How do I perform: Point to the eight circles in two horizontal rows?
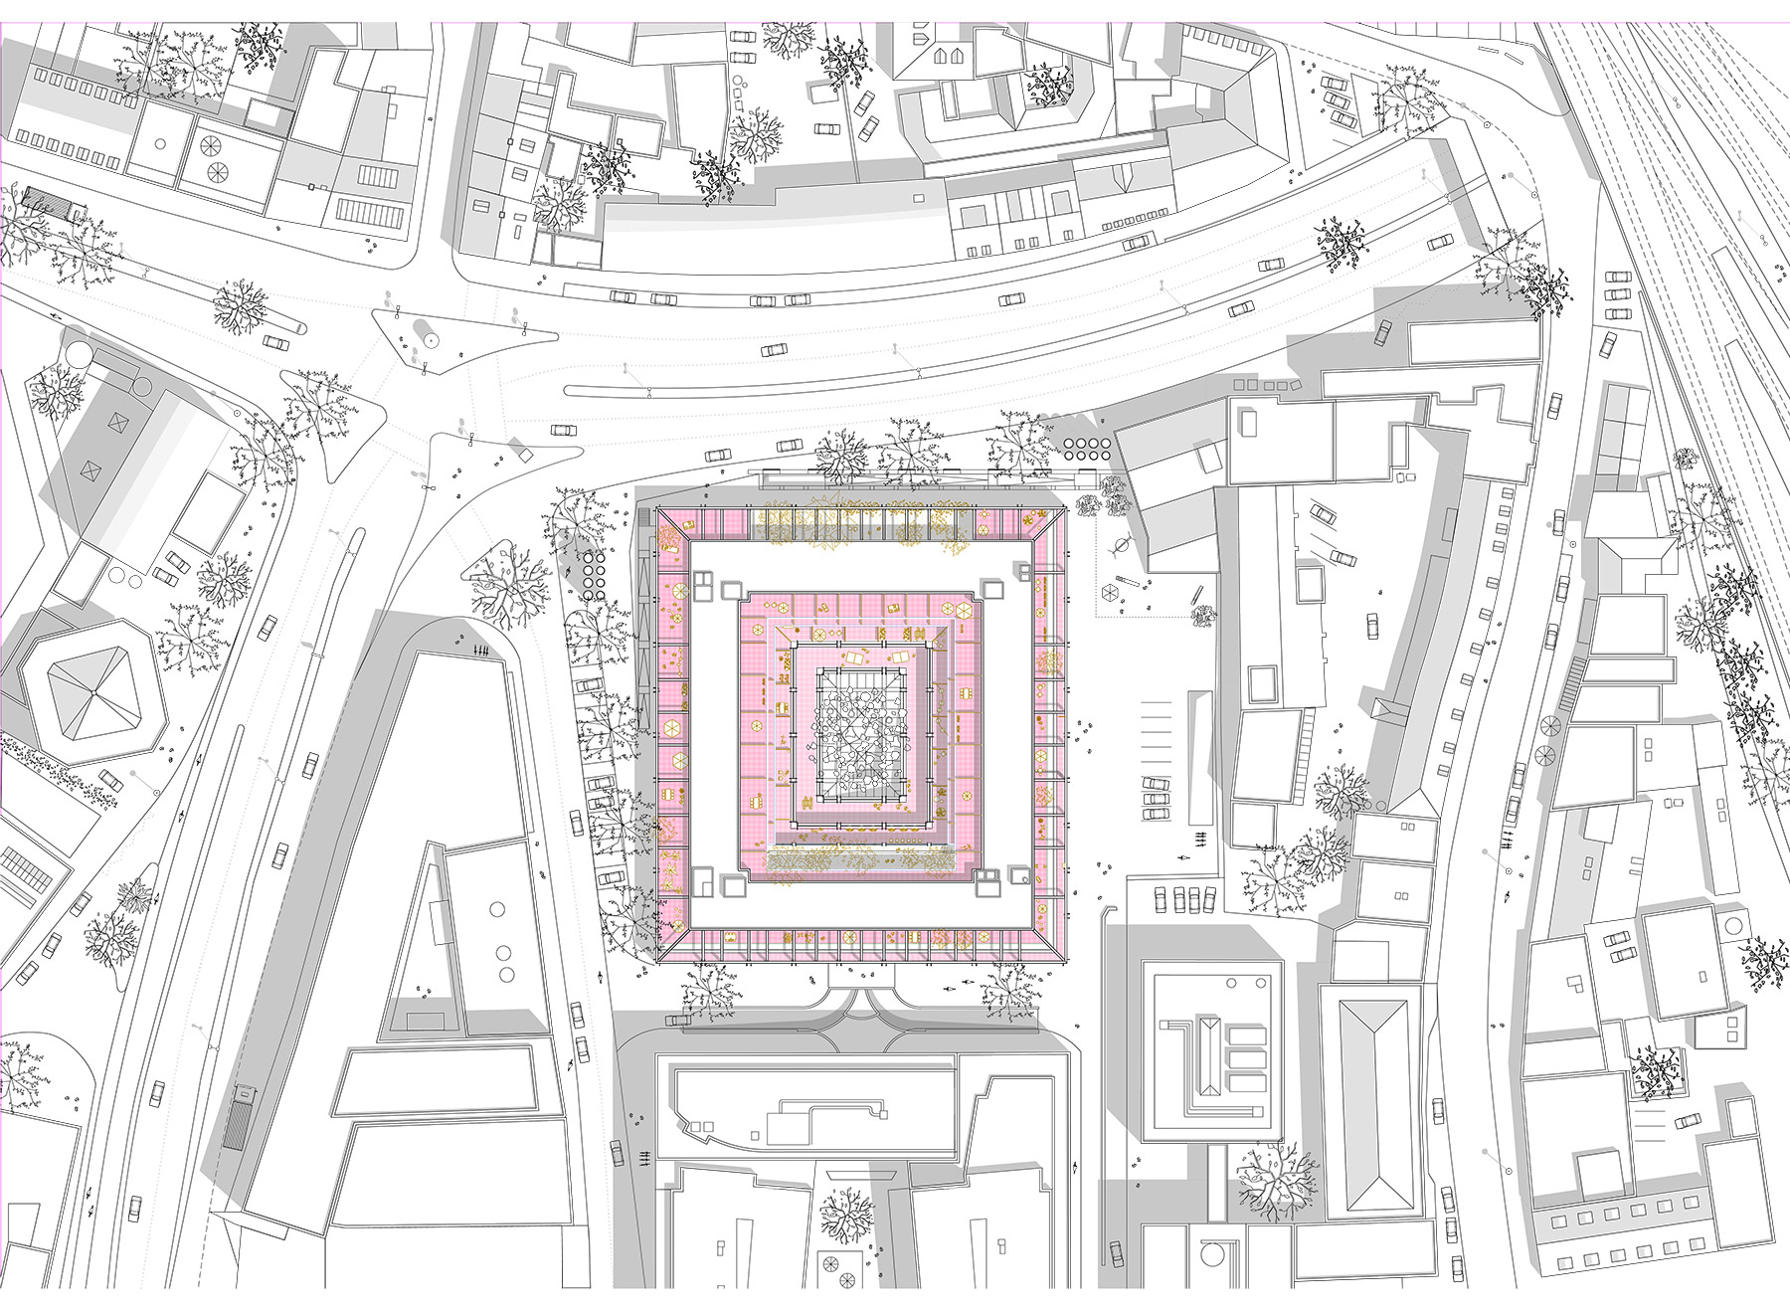(1085, 448)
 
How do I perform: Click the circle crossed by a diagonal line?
(1122, 545)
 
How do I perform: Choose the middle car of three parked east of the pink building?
(1155, 798)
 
